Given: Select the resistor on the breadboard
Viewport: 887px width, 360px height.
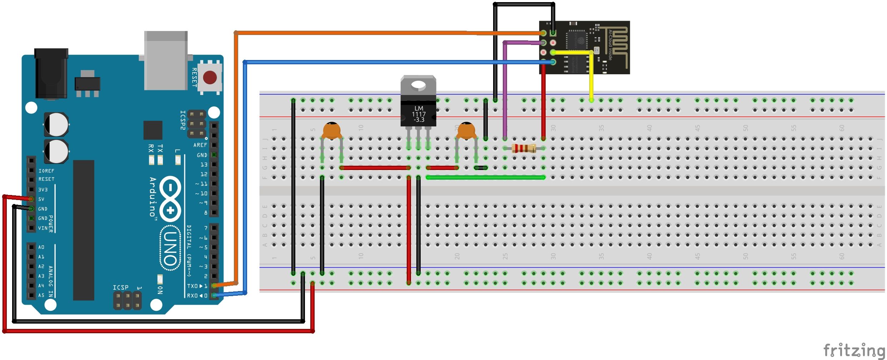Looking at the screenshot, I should (x=523, y=148).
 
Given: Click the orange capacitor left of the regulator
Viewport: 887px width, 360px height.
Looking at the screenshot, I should (x=332, y=131).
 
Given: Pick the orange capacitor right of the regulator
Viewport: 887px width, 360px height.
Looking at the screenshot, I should (x=466, y=131).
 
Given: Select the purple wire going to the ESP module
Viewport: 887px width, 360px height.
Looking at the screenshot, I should (x=505, y=89).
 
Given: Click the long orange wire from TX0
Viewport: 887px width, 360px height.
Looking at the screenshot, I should (x=357, y=33).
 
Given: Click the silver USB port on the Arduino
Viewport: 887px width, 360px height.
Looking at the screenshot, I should (x=166, y=61).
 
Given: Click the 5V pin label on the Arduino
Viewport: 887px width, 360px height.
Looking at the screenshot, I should (x=41, y=199).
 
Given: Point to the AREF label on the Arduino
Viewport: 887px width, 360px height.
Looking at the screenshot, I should (x=200, y=145).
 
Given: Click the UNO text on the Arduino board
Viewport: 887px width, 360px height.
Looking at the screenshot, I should (x=170, y=248).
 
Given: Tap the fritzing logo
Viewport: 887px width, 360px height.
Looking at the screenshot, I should (x=854, y=350).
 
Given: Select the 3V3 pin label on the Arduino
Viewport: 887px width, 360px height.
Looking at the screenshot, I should (x=43, y=190).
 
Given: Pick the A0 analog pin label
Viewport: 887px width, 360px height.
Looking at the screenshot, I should (x=41, y=247).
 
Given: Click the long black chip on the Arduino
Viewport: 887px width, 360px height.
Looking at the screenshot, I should (x=84, y=230).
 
